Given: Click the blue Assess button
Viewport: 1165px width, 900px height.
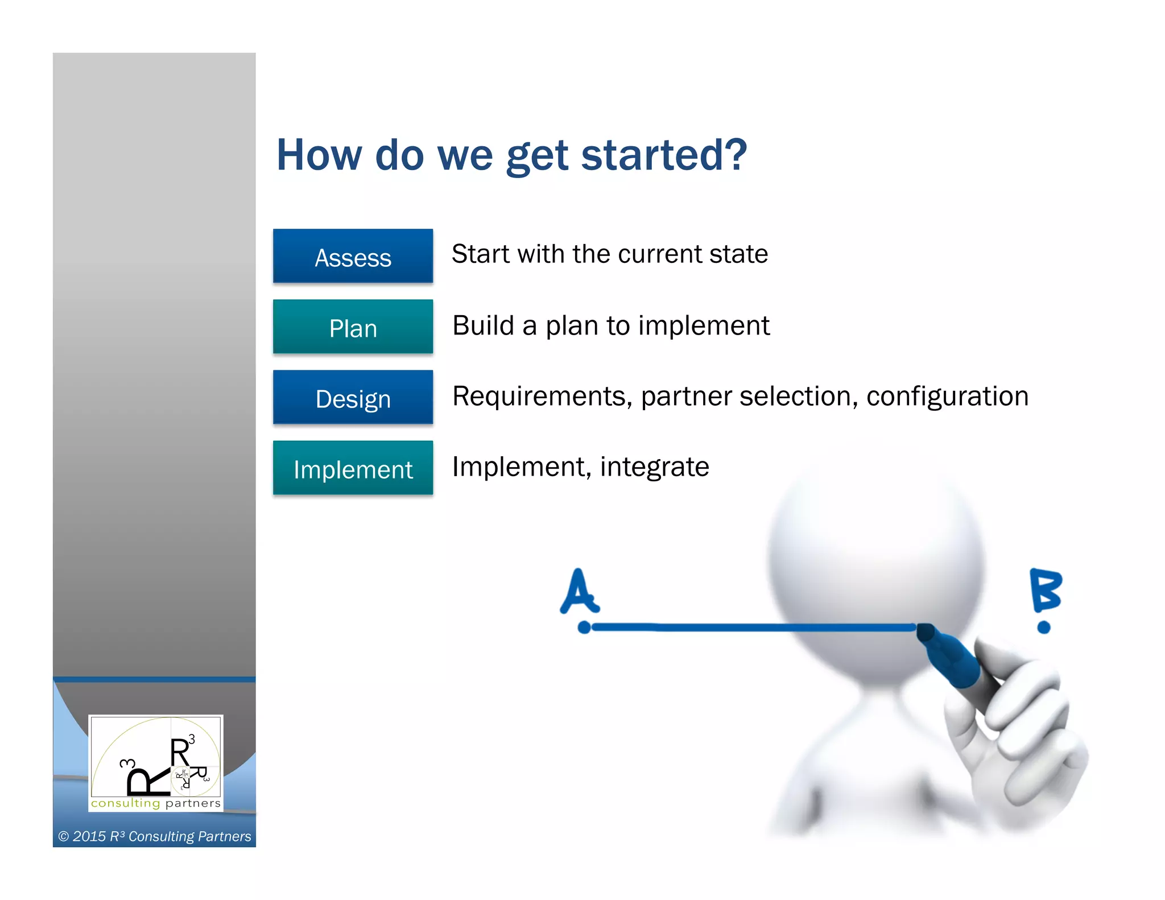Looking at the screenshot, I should (353, 257).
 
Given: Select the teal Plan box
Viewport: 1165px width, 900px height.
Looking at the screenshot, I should (353, 327).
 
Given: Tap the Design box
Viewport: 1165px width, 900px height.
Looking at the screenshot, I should (353, 398).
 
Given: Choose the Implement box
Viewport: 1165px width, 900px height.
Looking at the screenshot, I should (353, 468).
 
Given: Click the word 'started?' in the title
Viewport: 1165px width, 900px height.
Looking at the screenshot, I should (663, 155).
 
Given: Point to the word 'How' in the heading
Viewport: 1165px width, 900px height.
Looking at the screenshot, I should (319, 155).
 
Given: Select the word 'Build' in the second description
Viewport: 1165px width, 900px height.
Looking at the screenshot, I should (483, 325).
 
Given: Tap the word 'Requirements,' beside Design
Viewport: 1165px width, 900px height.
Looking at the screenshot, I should (542, 396).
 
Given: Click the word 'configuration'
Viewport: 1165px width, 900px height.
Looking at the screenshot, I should (947, 396).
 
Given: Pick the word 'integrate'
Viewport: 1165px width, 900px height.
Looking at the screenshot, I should (654, 467).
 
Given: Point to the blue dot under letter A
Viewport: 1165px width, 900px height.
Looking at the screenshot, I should (584, 627).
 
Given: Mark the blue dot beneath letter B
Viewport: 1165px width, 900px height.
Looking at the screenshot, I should (1044, 627).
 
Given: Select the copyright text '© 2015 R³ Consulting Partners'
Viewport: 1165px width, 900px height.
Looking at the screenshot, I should (155, 836).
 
